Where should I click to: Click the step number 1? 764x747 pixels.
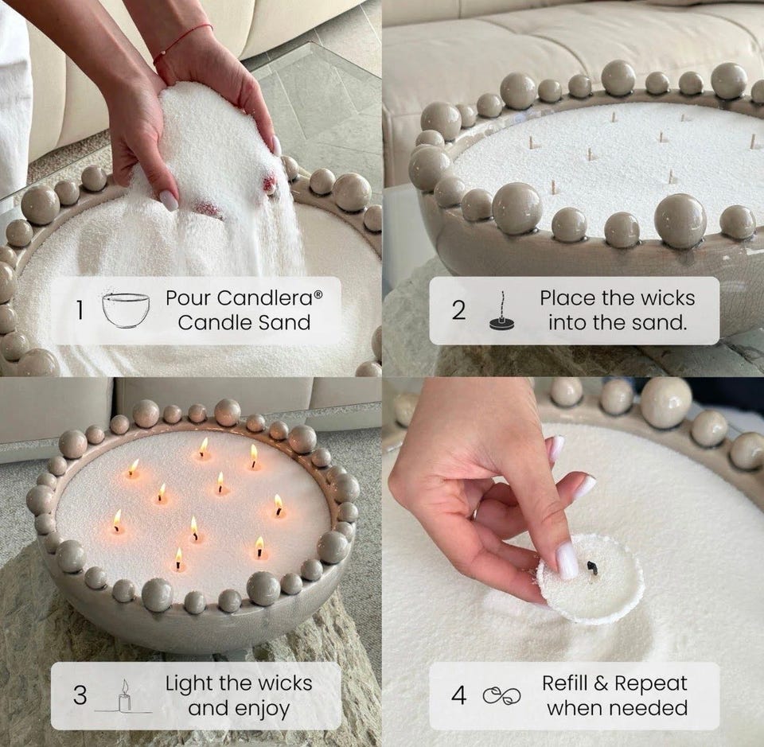tap(80, 310)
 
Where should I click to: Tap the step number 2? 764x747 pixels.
tap(458, 310)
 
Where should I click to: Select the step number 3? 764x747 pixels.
tap(80, 695)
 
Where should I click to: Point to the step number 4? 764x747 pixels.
tap(458, 695)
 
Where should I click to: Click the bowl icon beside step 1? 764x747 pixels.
tap(126, 310)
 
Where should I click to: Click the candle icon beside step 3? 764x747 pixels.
tap(124, 696)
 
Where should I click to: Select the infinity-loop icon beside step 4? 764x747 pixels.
tap(502, 696)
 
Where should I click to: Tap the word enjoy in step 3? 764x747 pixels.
tap(263, 709)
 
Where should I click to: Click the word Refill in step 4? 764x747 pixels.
tap(565, 683)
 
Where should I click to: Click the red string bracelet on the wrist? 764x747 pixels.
tap(183, 43)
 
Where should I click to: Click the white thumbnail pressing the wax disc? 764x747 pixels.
tap(567, 561)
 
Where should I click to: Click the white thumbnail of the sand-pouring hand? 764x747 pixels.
tap(169, 200)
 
